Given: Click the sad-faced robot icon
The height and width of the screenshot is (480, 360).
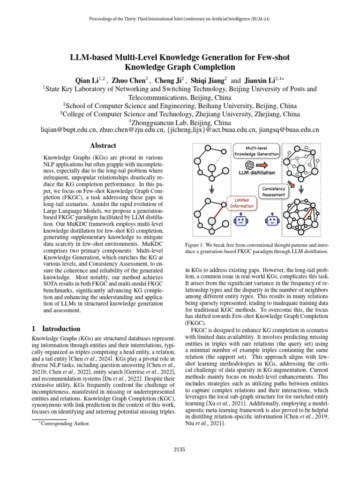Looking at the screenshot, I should (241, 220).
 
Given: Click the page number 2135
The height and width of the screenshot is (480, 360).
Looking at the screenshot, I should (180, 450).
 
